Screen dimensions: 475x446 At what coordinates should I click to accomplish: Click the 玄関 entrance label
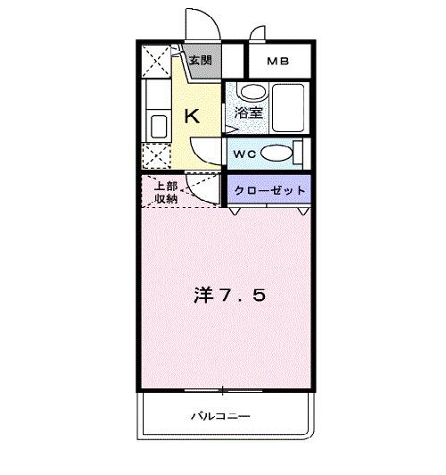(200, 61)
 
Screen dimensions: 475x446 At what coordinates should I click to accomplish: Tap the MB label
(278, 62)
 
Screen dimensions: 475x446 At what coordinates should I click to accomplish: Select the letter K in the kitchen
(191, 115)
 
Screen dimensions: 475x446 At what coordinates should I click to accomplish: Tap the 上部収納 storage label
(165, 193)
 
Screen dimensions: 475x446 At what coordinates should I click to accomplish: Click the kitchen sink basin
(159, 125)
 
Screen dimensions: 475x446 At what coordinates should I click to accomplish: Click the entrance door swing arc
(197, 22)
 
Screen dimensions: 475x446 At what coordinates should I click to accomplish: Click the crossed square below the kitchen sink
(158, 156)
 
